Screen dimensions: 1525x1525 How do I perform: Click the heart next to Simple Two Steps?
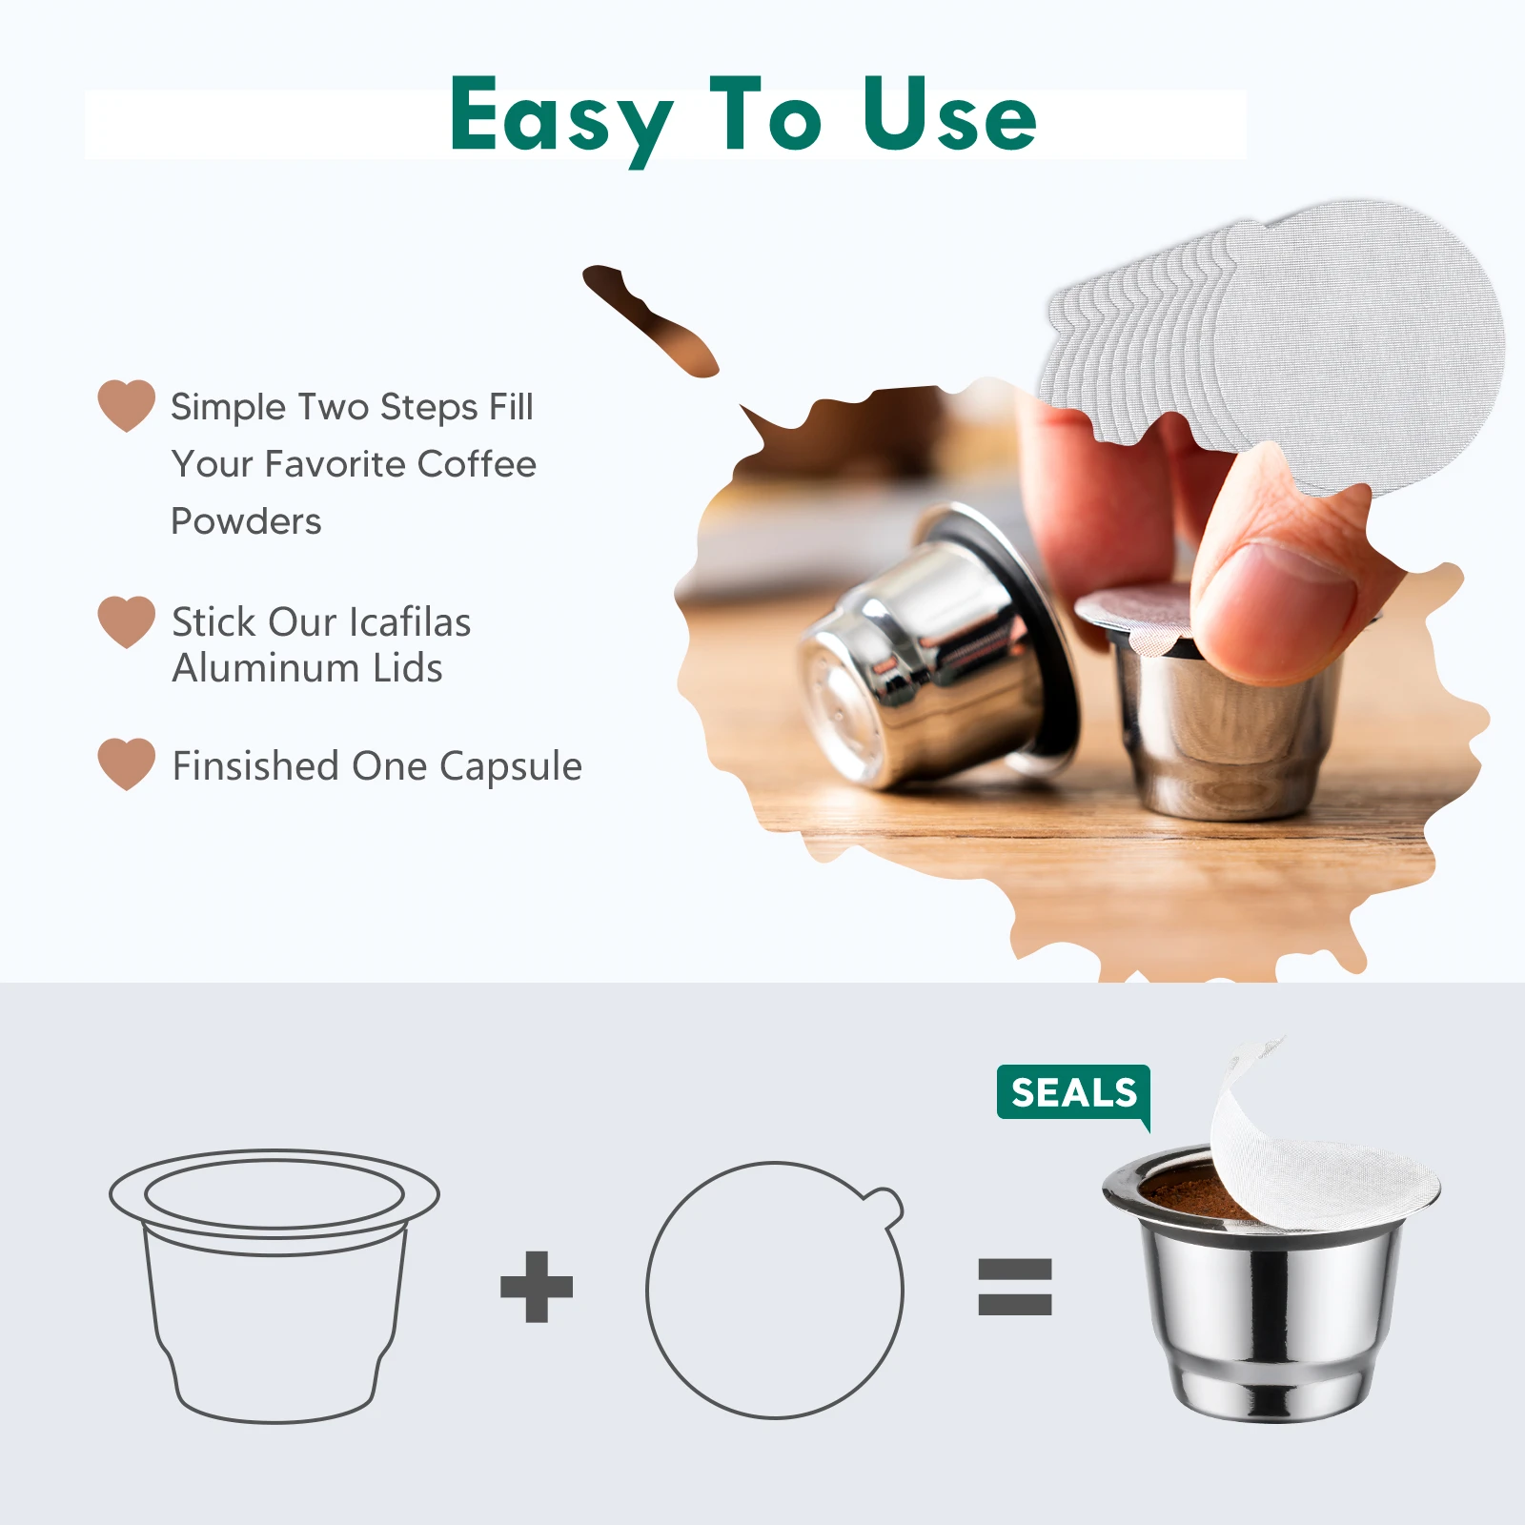(126, 404)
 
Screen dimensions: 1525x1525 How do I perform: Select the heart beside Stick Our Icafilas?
(126, 620)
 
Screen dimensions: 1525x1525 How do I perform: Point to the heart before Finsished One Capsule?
(126, 762)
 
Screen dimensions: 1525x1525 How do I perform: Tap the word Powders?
(246, 521)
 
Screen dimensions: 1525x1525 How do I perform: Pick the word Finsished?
(255, 766)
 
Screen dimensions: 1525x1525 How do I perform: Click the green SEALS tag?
(1073, 1092)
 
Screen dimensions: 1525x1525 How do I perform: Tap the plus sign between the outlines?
(537, 1287)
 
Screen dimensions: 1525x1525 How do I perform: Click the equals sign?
(1015, 1287)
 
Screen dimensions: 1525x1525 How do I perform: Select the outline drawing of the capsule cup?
(274, 1287)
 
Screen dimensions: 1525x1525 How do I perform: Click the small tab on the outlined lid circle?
(886, 1206)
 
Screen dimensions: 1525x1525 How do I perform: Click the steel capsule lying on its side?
(934, 658)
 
